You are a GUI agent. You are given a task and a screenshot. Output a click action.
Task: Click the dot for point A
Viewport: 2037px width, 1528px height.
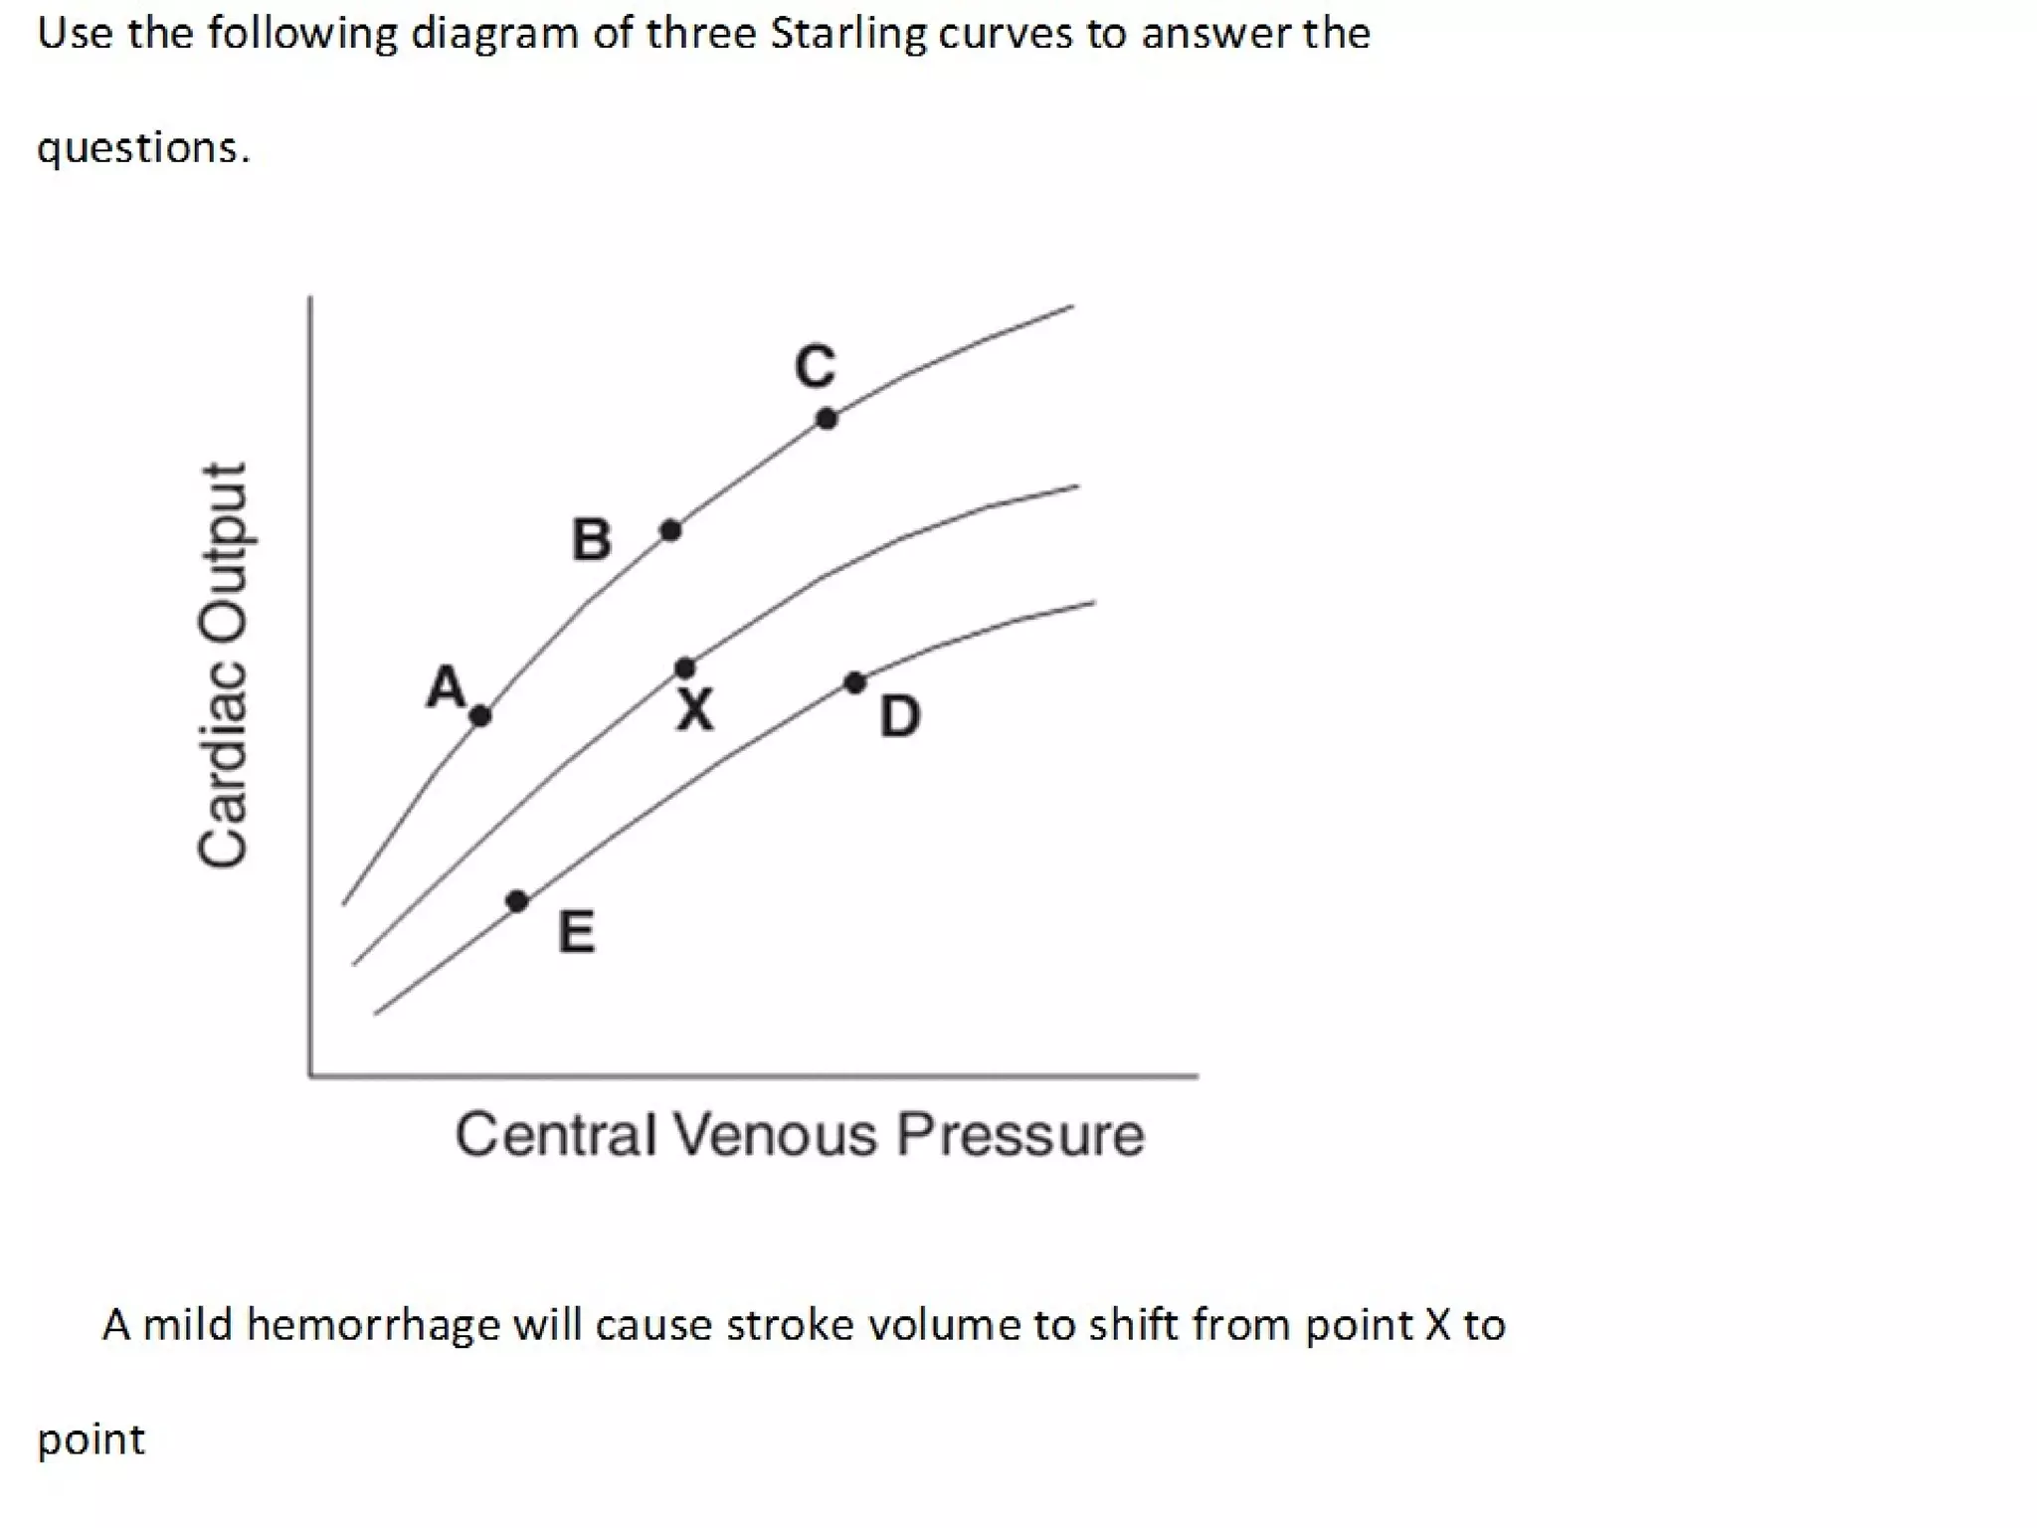(x=480, y=715)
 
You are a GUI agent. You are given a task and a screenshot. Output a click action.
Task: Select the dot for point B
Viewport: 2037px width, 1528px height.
(x=671, y=530)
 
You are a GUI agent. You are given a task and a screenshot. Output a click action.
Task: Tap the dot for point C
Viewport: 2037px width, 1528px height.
(x=827, y=419)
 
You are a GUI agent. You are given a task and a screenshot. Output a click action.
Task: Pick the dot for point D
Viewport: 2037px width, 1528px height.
(x=855, y=682)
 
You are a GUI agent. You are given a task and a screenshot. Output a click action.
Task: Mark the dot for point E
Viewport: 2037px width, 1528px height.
(x=517, y=901)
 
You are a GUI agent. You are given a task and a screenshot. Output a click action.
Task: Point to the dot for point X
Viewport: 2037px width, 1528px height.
(x=685, y=668)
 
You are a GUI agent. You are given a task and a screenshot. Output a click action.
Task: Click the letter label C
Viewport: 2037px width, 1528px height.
(x=816, y=366)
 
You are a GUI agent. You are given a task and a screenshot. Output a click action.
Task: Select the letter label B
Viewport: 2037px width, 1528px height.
(x=592, y=540)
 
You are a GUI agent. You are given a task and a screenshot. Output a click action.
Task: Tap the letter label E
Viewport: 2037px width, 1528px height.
(x=577, y=933)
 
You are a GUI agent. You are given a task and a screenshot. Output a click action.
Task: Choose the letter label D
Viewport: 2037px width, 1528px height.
(x=900, y=716)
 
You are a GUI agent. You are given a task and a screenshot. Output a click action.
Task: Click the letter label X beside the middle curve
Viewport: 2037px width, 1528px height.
(x=695, y=710)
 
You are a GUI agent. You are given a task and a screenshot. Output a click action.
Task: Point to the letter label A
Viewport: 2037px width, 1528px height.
(x=446, y=686)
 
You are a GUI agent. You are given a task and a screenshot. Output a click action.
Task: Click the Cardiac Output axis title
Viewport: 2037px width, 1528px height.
(x=222, y=666)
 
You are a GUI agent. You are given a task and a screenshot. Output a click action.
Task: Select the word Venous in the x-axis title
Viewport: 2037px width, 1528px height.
(x=775, y=1134)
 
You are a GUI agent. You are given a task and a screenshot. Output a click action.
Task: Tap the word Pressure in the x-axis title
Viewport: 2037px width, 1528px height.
(x=1019, y=1134)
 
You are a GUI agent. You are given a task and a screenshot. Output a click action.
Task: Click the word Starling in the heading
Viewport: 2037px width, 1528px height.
(x=847, y=34)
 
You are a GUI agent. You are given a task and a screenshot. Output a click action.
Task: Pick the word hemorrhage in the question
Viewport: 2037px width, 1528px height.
(x=373, y=1325)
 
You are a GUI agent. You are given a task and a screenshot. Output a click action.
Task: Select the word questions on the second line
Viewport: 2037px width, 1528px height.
(x=143, y=149)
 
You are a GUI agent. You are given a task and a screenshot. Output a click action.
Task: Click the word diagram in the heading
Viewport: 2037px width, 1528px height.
(x=494, y=34)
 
